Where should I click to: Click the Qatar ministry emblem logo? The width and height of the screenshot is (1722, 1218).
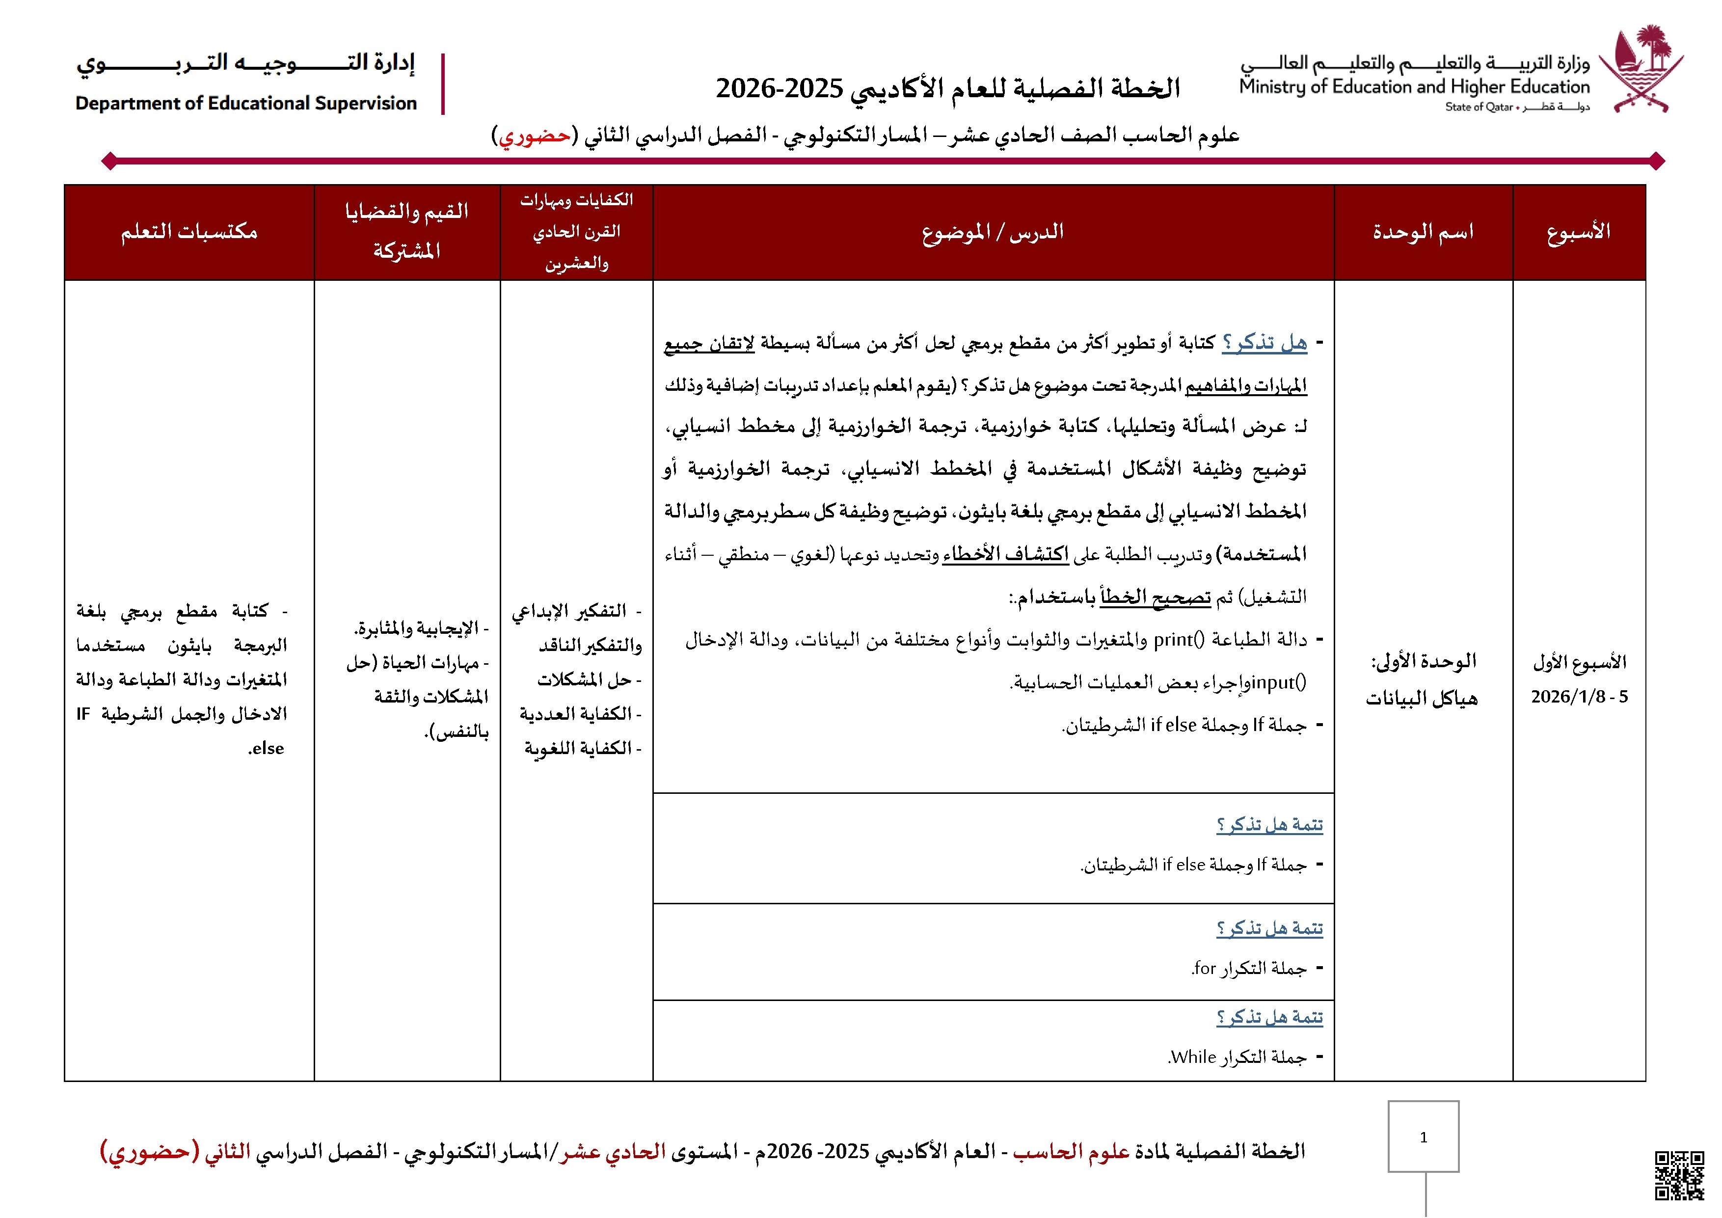click(x=1641, y=69)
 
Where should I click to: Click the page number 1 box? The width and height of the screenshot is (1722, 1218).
click(x=1423, y=1136)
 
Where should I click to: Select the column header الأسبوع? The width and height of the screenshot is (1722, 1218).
click(x=1578, y=232)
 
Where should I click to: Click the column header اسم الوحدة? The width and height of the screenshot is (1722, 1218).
click(x=1423, y=232)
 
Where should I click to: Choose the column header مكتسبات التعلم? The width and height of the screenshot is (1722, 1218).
click(x=189, y=232)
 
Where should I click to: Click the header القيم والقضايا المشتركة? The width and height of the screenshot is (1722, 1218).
click(x=406, y=231)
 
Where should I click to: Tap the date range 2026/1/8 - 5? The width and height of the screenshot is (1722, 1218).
click(x=1579, y=697)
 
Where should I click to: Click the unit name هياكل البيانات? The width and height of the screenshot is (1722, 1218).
click(x=1421, y=699)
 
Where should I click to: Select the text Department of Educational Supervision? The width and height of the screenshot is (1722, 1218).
click(x=246, y=104)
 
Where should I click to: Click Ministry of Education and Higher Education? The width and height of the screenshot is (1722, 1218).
click(x=1414, y=87)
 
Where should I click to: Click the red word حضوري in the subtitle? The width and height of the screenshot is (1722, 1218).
click(x=535, y=136)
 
